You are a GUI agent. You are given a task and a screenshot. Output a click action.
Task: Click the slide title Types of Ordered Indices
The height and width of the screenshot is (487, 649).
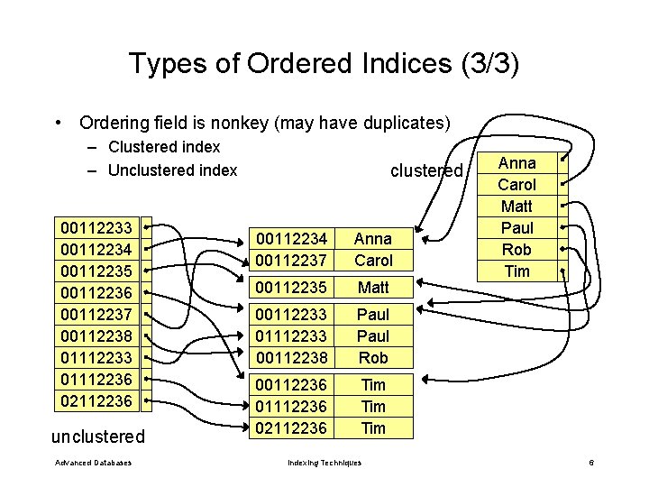coord(324,64)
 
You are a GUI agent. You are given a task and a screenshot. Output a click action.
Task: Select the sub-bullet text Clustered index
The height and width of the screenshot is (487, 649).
coord(164,147)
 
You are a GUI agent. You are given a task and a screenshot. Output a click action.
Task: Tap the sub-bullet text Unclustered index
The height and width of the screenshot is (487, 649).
coord(172,170)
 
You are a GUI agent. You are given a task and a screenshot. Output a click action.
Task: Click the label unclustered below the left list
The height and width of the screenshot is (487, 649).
coord(97,436)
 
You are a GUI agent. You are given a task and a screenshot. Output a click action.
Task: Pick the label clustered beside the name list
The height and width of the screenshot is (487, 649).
coord(425,170)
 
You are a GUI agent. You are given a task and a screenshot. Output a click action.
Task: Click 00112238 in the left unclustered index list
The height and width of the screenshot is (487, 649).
coord(95,335)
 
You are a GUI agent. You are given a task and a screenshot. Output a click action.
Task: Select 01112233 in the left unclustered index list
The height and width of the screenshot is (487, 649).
coord(95,357)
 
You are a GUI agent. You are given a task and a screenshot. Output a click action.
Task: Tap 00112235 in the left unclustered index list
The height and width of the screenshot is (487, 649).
coord(95,271)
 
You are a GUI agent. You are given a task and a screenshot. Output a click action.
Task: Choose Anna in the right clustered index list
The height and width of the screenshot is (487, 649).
coord(516,163)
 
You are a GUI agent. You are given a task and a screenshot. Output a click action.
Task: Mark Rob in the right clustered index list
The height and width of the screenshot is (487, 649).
coord(516,250)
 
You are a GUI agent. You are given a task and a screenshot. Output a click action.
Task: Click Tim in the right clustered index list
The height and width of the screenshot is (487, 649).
coord(516,271)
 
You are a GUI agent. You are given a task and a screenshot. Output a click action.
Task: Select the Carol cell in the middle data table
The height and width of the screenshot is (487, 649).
coord(373,261)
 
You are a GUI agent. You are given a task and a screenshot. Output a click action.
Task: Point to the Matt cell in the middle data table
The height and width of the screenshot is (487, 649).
coord(373,288)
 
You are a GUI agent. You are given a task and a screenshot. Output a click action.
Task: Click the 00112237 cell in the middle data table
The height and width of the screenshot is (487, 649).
coord(292,261)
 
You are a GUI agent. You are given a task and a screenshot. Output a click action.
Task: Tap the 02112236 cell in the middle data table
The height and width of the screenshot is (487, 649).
coord(292,428)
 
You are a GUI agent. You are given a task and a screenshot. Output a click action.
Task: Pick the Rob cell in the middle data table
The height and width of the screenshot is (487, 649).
coord(373,358)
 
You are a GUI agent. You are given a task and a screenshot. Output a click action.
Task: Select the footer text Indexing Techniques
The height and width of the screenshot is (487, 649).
coord(324,463)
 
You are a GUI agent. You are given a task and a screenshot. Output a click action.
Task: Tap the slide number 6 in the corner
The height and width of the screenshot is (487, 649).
coord(590,463)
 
